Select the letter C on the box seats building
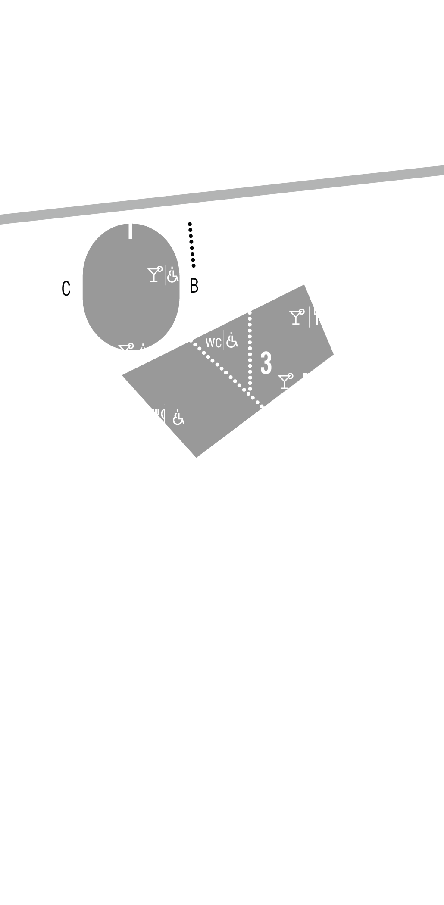coord(66,289)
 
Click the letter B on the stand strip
coord(194,286)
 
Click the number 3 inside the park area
coord(266,363)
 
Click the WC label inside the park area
coord(213,343)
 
